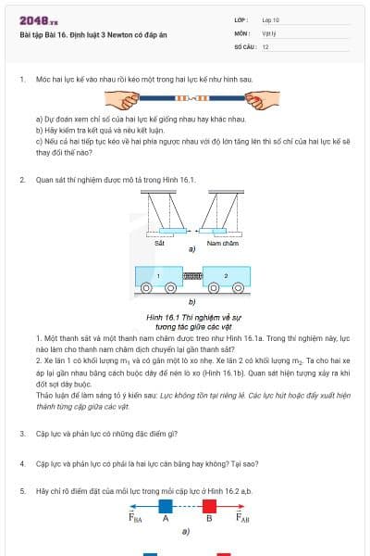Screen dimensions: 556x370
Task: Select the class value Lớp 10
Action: [x=271, y=19]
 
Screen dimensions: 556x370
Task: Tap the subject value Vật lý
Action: [x=269, y=32]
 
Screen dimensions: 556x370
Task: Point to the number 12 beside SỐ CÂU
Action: [x=265, y=45]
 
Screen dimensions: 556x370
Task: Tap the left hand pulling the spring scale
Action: [x=122, y=96]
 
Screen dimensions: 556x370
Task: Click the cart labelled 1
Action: [x=158, y=277]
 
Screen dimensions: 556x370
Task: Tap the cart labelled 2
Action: [x=226, y=277]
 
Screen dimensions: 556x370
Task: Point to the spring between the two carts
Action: [x=192, y=277]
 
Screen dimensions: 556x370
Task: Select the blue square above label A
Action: [x=166, y=506]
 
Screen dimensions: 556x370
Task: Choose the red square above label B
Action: [x=209, y=506]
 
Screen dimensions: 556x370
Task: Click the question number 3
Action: [x=22, y=434]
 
